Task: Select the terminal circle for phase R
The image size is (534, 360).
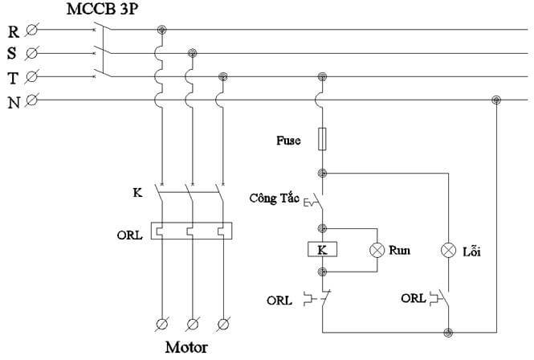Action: pyautogui.click(x=32, y=31)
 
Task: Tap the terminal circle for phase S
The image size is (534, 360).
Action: pyautogui.click(x=32, y=55)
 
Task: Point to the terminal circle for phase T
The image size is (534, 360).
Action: pyautogui.click(x=32, y=78)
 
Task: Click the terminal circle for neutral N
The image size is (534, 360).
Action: pyautogui.click(x=32, y=101)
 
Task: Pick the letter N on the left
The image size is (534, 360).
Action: pyautogui.click(x=14, y=102)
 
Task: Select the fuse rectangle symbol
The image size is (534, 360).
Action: pyautogui.click(x=323, y=139)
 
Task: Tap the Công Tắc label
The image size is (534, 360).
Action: pyautogui.click(x=273, y=198)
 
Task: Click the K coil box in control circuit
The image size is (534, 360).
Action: pyautogui.click(x=323, y=250)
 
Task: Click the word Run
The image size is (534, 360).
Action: pyautogui.click(x=400, y=250)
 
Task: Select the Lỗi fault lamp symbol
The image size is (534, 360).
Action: pyautogui.click(x=449, y=250)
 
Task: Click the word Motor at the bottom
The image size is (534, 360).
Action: pyautogui.click(x=186, y=348)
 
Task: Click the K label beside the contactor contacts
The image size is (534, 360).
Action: pyautogui.click(x=137, y=194)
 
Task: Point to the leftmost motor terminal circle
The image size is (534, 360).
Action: pyautogui.click(x=161, y=324)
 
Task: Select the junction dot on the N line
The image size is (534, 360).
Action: pyautogui.click(x=496, y=100)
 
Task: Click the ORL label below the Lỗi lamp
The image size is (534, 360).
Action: pyautogui.click(x=414, y=298)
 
